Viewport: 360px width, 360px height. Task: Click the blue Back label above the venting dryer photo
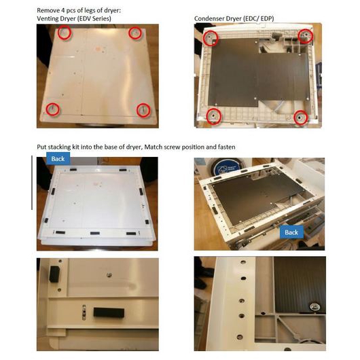coord(58,159)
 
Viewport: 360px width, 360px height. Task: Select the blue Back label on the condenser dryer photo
coord(291,232)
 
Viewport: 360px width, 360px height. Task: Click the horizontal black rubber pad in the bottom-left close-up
coord(109,312)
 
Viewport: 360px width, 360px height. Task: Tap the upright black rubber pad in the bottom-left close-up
coord(54,274)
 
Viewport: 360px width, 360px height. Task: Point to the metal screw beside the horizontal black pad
coord(84,312)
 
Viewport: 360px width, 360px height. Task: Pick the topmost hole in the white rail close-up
coord(243,262)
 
